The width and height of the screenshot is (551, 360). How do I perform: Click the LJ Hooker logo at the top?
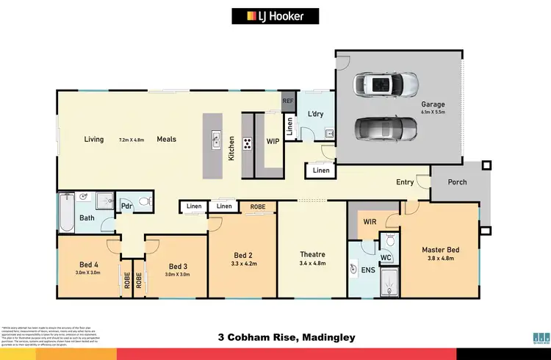pos(275,15)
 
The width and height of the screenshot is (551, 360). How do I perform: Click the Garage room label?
pos(433,104)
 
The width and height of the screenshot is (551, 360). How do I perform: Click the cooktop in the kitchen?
pos(248,143)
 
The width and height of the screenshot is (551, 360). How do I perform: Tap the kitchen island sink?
pos(216,137)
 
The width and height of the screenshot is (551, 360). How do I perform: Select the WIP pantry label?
pos(272,140)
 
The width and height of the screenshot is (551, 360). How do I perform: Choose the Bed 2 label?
pos(242,253)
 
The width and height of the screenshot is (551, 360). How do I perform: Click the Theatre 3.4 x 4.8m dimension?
pos(311,263)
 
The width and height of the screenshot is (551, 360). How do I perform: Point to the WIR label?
pos(370,221)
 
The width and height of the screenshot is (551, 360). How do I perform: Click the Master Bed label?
pos(440,250)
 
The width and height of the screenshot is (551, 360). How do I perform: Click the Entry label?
pos(405,182)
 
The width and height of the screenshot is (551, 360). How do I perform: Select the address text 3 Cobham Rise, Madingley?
pos(287,337)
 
